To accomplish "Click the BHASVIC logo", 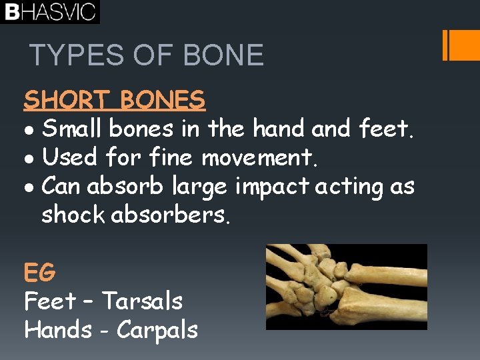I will coord(49,12).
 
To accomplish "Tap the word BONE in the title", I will coord(224,55).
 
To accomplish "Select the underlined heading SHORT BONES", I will coord(114,100).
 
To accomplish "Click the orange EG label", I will coord(39,272).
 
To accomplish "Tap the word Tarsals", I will coord(142,301).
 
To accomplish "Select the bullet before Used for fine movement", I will coord(29,159).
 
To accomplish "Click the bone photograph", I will coord(346,287).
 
